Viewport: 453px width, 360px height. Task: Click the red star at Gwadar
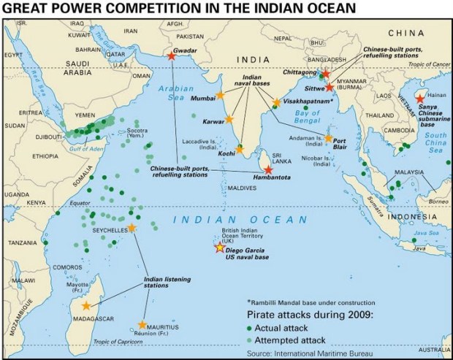coord(171,55)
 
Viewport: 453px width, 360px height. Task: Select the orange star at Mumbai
coord(220,96)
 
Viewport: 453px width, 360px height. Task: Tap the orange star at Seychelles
coord(132,229)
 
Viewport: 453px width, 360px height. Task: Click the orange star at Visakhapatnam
coord(276,103)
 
